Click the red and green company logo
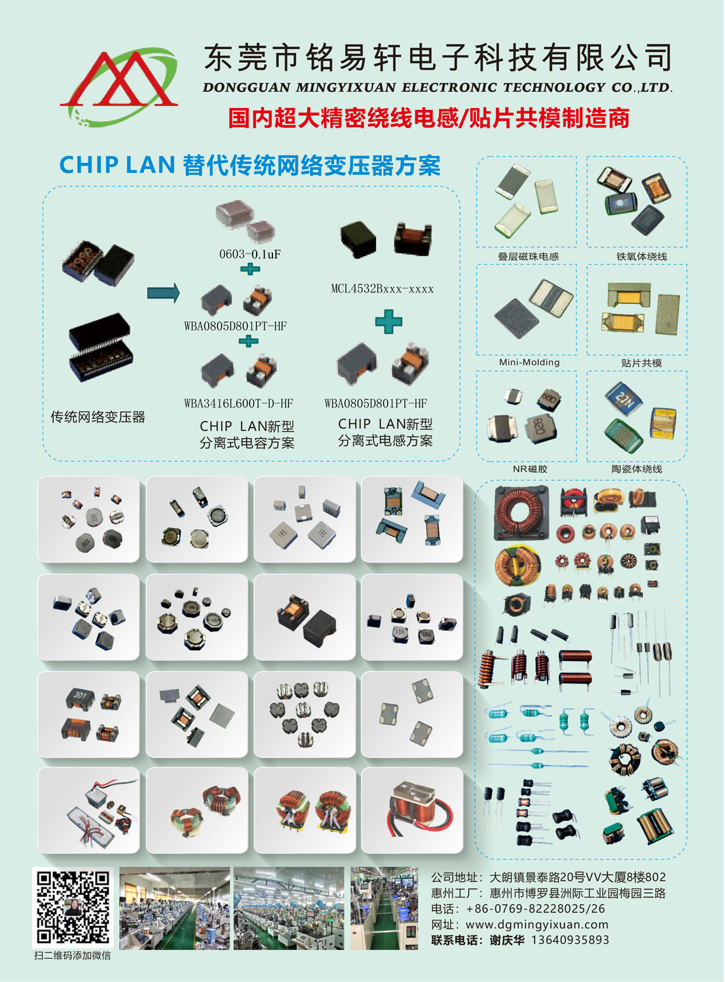click(x=119, y=86)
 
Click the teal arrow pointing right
click(x=164, y=293)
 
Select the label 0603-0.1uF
click(x=250, y=254)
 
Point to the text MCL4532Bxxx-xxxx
click(x=382, y=289)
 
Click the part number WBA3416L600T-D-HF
click(x=238, y=403)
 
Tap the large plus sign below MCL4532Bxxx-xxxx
click(x=388, y=321)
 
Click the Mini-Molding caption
click(x=529, y=362)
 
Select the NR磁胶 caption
click(x=530, y=469)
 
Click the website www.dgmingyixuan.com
click(x=537, y=925)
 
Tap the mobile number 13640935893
click(x=570, y=940)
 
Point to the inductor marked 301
click(x=80, y=697)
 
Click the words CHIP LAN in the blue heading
click(x=117, y=165)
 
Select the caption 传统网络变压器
click(x=98, y=417)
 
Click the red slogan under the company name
click(x=429, y=118)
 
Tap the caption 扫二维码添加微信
click(x=73, y=956)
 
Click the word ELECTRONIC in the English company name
click(x=449, y=88)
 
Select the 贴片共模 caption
click(x=641, y=363)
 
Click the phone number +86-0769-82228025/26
click(x=536, y=909)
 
